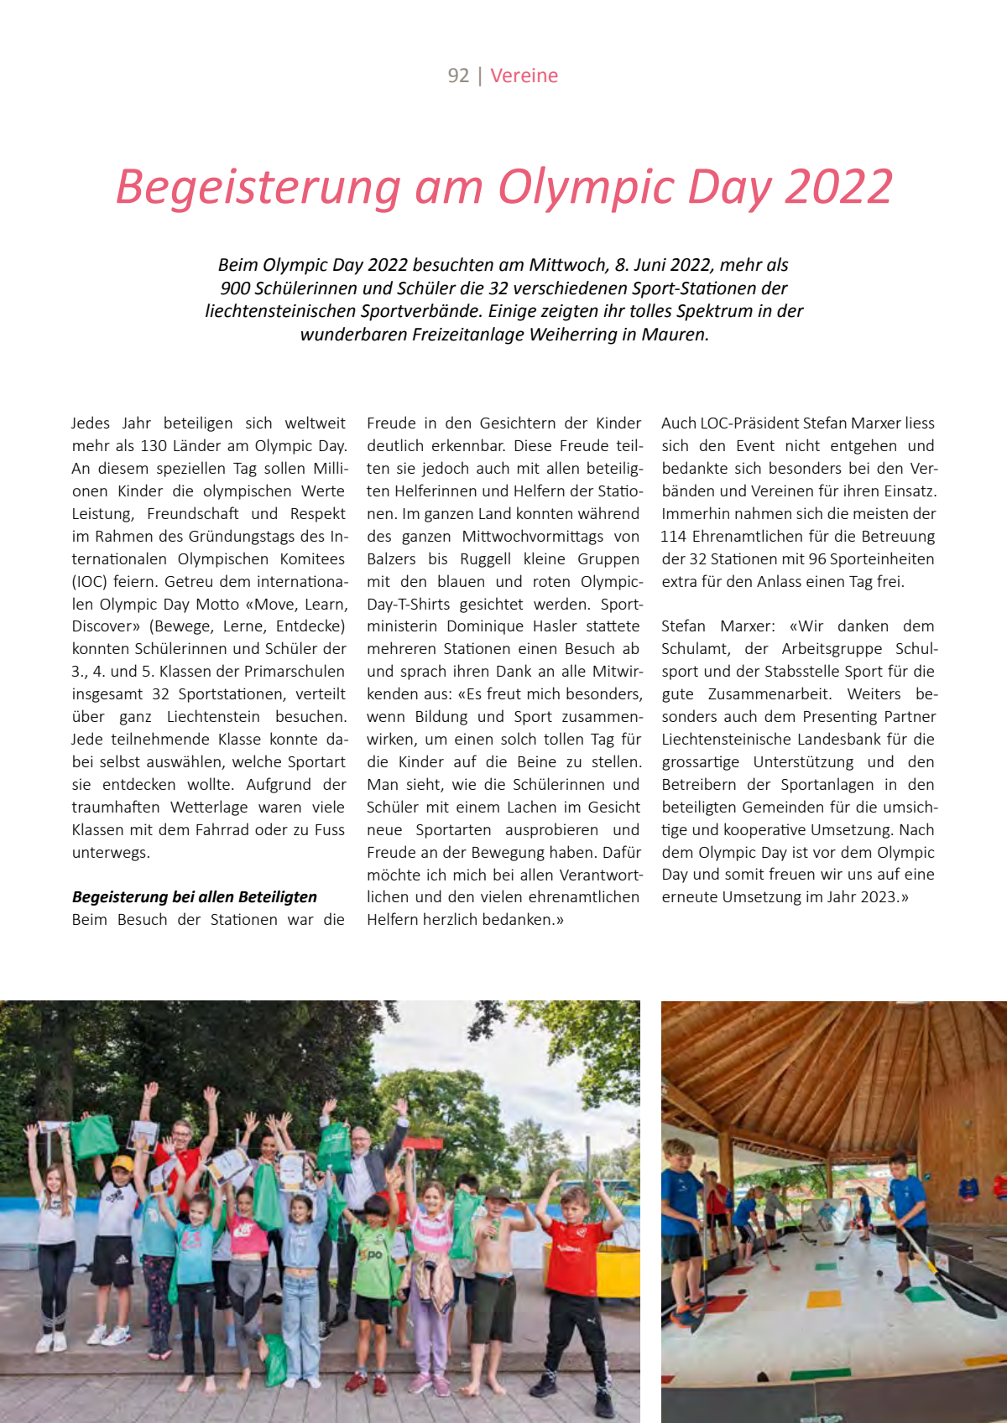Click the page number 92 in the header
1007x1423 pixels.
(458, 75)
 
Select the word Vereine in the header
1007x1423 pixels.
(524, 75)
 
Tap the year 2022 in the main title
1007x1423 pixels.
(838, 186)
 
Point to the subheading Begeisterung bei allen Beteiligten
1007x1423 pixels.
(195, 896)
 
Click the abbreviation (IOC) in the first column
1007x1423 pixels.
(89, 581)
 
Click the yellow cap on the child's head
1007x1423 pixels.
(123, 1163)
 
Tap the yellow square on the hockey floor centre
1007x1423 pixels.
(823, 1299)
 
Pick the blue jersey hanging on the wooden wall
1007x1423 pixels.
(969, 1188)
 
